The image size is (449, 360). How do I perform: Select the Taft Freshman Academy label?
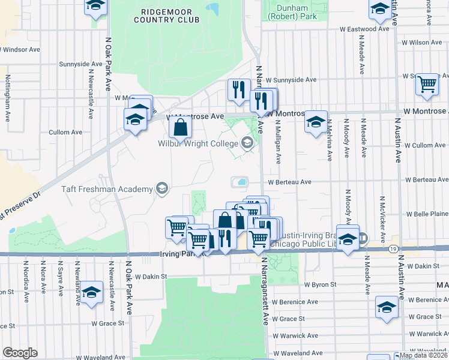pos(107,190)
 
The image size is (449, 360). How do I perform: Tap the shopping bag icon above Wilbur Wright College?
pos(180,127)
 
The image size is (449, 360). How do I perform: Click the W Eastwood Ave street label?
pos(364,29)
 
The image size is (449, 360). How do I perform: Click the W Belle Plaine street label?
pos(427,214)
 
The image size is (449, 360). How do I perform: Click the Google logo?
pos(20,352)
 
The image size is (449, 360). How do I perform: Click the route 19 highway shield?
pos(391,248)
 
